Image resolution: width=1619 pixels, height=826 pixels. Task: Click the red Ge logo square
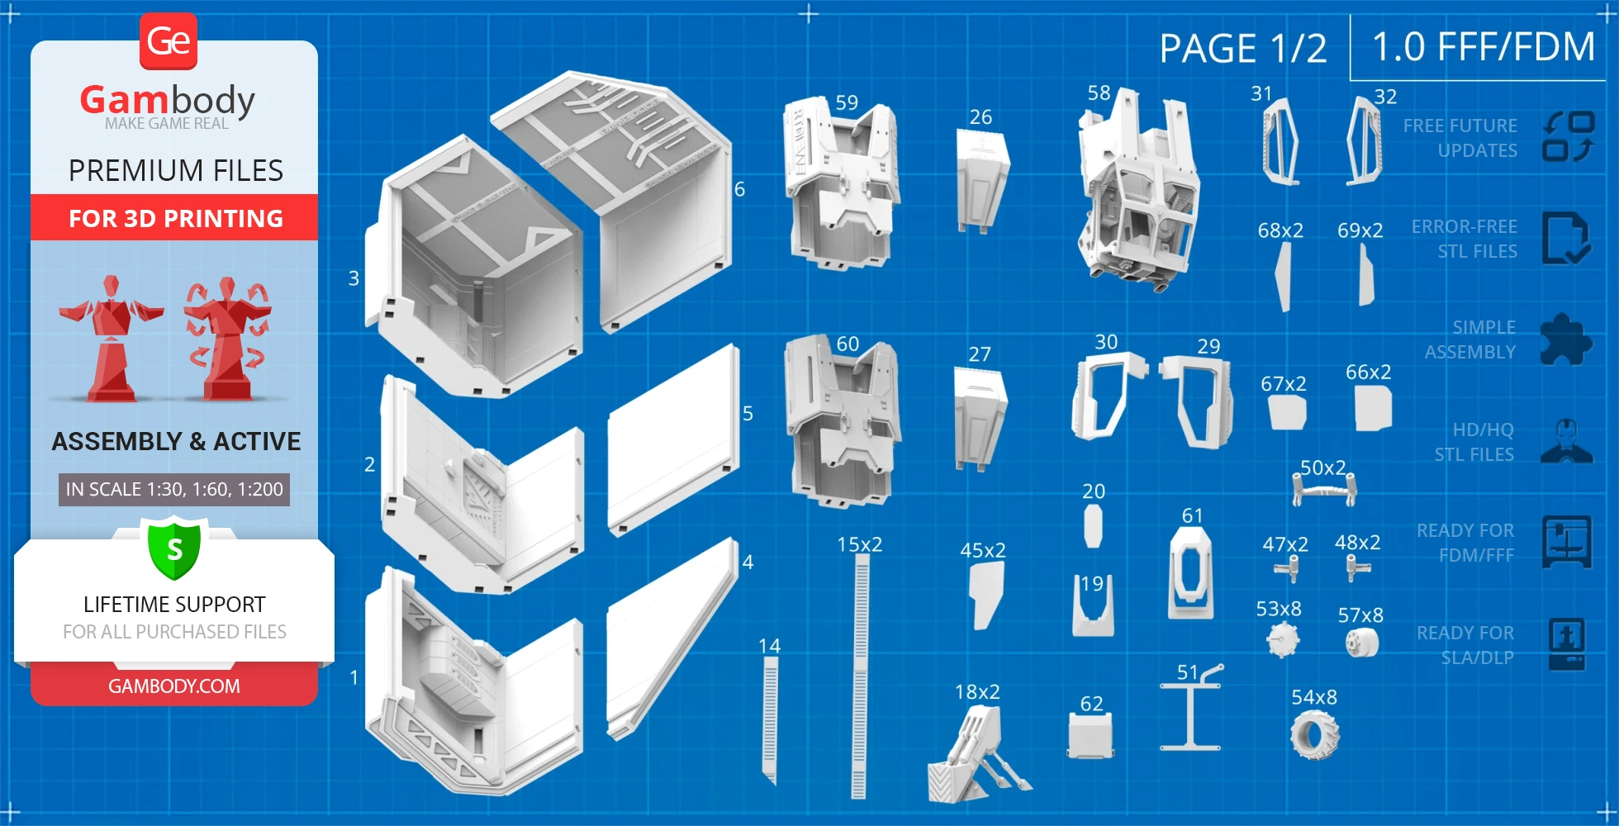(x=169, y=41)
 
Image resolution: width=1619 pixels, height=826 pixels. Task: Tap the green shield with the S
(x=173, y=548)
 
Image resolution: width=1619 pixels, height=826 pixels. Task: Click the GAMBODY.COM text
(x=174, y=686)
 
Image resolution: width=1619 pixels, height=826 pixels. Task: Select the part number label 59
(x=847, y=103)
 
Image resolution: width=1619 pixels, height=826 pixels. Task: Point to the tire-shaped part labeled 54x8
(x=1314, y=734)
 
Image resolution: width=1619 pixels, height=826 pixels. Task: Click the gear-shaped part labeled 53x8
(x=1282, y=639)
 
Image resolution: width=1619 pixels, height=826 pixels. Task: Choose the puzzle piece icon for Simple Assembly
(x=1565, y=339)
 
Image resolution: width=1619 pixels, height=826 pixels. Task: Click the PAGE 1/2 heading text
(x=1242, y=49)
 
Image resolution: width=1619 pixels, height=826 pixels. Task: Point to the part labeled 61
(x=1190, y=573)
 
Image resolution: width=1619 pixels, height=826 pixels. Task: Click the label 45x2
(x=983, y=551)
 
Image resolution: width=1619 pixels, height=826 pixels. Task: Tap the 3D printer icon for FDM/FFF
(x=1566, y=542)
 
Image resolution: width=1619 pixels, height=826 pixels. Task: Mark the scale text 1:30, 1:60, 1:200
(x=174, y=489)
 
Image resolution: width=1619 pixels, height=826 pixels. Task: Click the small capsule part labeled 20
(x=1093, y=525)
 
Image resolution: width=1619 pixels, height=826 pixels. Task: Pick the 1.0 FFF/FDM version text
(x=1484, y=47)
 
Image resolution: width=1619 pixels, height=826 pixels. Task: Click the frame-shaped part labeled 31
(x=1280, y=141)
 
